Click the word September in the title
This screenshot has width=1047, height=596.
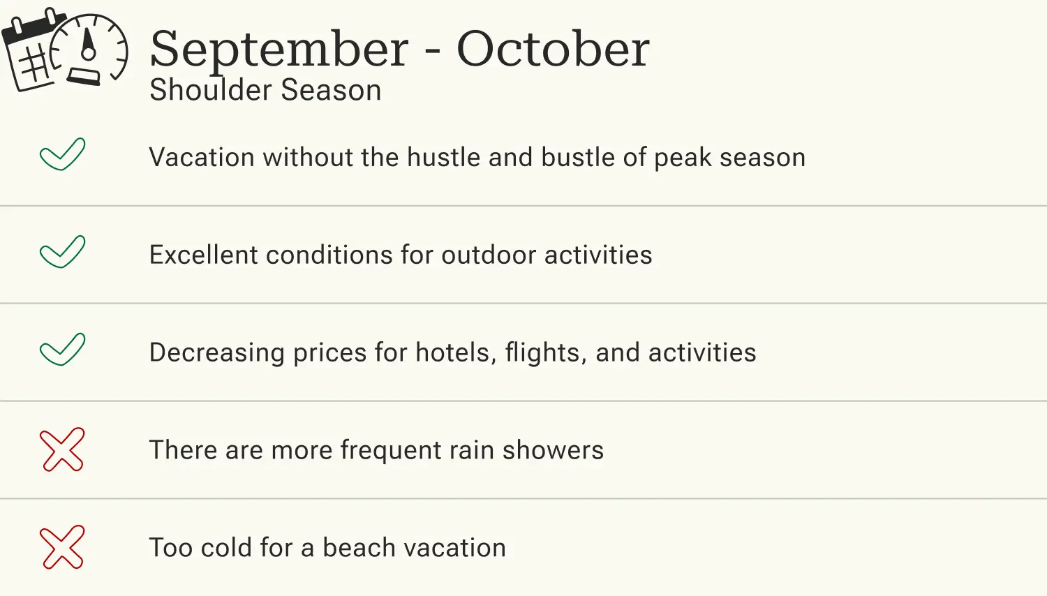coord(279,50)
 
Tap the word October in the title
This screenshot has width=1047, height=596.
coord(553,50)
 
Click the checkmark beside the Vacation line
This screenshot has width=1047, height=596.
coord(63,154)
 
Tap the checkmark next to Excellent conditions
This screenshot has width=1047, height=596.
coord(63,252)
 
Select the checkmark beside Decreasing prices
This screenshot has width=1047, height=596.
coord(63,350)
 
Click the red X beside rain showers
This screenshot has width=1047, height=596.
coord(62,449)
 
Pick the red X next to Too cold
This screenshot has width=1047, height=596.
coord(62,547)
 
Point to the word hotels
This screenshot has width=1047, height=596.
coord(455,353)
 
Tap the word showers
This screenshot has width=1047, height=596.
coord(553,451)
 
